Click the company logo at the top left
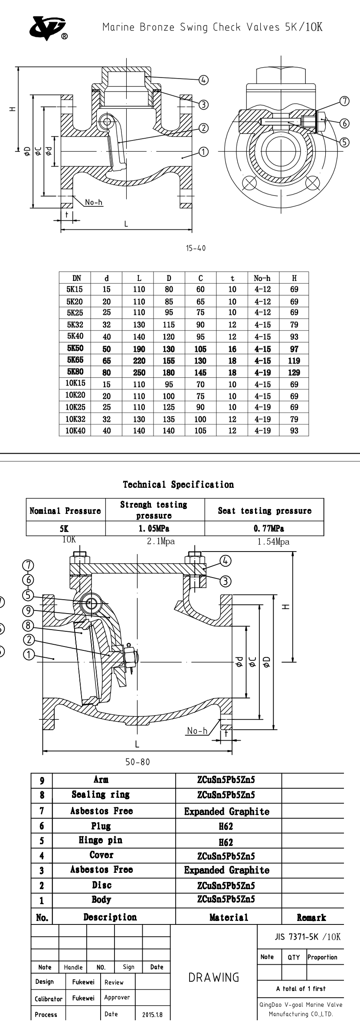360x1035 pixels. [x=47, y=28]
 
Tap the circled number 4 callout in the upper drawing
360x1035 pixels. [x=203, y=80]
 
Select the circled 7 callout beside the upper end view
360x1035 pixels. [x=344, y=101]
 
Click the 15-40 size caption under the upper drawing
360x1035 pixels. [x=196, y=248]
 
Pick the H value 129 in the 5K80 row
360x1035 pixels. [x=294, y=372]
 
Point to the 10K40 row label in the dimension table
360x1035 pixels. [x=75, y=431]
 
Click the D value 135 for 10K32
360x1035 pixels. [x=169, y=419]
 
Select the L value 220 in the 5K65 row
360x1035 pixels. [x=139, y=360]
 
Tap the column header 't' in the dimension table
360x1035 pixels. [x=232, y=278]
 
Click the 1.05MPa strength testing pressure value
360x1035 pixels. [x=154, y=529]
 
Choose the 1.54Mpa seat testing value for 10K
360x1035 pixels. [x=273, y=542]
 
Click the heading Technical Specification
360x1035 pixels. [x=178, y=484]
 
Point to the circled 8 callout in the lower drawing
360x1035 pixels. [x=29, y=625]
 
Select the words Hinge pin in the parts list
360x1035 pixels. [x=101, y=840]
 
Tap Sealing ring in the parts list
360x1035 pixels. [x=101, y=794]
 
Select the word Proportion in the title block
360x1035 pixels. [x=322, y=957]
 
